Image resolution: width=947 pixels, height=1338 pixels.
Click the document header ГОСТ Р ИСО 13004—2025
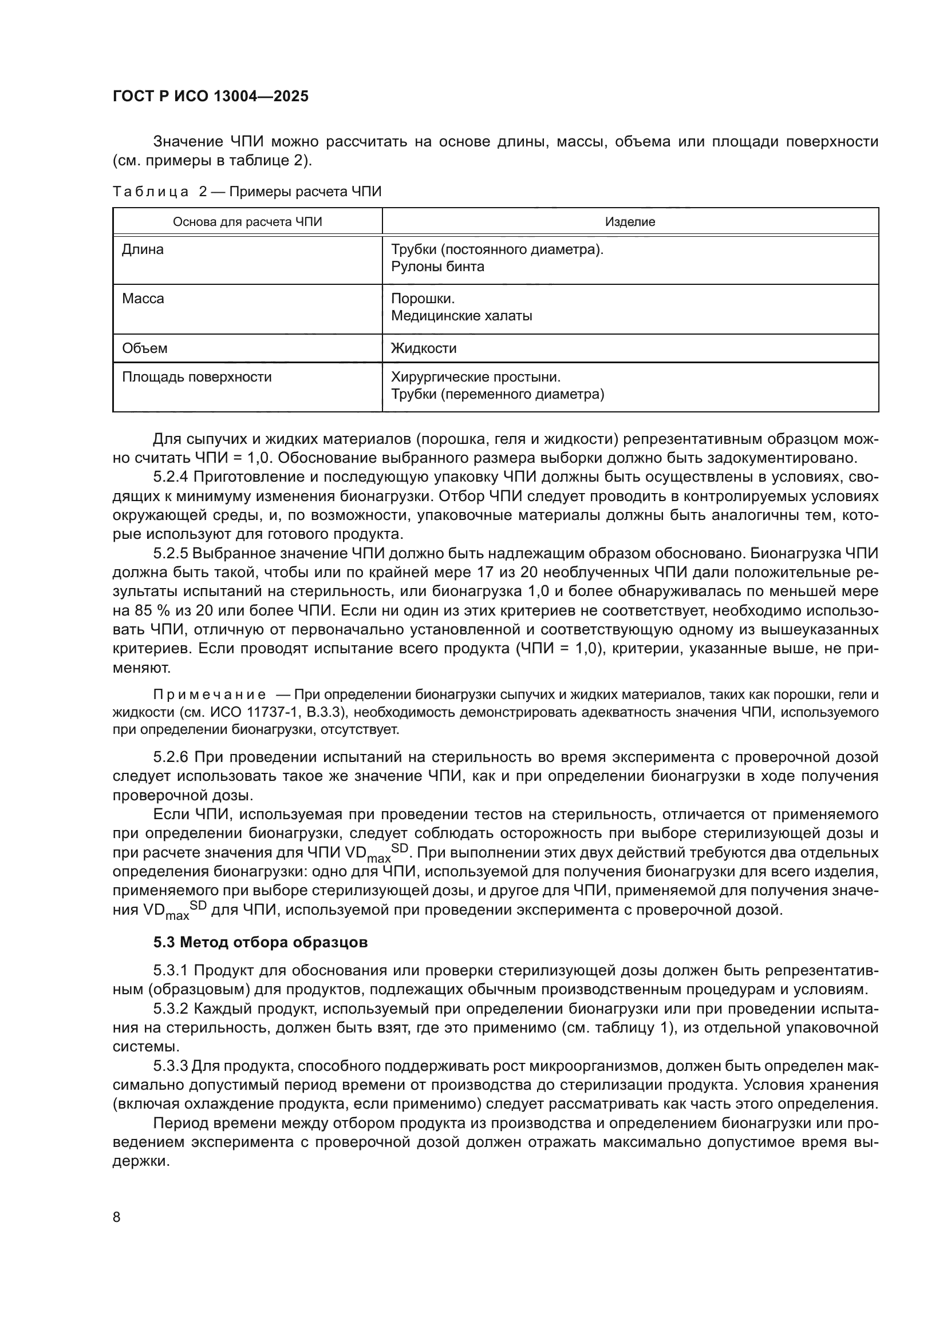[211, 96]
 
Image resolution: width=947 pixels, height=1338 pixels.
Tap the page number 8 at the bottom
[117, 1217]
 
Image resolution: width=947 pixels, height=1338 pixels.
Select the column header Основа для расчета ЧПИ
[247, 222]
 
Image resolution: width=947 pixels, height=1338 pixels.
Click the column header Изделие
[630, 222]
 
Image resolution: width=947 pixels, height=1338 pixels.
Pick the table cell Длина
[143, 250]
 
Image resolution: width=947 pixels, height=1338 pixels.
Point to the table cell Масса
[143, 299]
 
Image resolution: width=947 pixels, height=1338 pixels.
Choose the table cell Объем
[145, 348]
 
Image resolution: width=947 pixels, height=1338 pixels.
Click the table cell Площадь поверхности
[196, 377]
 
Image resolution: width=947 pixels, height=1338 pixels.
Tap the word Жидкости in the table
[423, 348]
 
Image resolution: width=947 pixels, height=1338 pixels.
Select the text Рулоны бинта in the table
[437, 267]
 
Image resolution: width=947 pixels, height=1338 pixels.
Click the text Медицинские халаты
[461, 316]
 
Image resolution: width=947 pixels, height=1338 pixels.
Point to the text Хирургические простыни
[475, 377]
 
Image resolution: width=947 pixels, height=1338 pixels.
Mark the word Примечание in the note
[210, 694]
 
